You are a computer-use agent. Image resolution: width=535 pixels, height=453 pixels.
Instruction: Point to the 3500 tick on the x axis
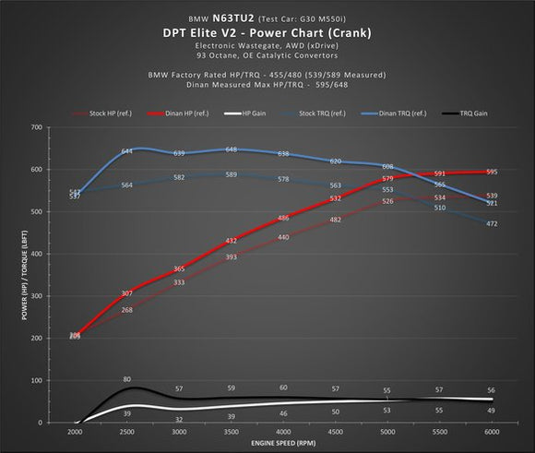(x=231, y=432)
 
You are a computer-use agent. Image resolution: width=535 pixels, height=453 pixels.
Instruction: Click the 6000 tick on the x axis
(x=492, y=432)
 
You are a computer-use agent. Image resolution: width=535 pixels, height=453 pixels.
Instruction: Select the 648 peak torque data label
(x=231, y=149)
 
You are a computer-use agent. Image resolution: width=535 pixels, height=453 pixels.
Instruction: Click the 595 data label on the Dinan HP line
(x=492, y=173)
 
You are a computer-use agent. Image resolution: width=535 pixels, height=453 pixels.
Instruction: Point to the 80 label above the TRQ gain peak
(x=127, y=379)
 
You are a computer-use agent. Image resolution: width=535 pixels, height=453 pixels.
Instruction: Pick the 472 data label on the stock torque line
(x=492, y=224)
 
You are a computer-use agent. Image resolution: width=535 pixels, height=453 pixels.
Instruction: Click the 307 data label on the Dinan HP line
(x=127, y=293)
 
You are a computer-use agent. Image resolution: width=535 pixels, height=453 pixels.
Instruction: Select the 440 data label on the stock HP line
(x=283, y=237)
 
